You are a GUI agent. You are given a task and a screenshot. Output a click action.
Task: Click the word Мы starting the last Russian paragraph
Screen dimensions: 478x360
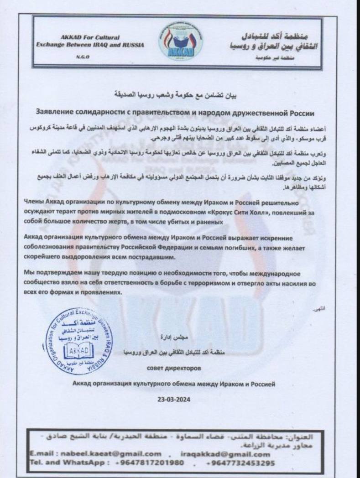click(x=28, y=273)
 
